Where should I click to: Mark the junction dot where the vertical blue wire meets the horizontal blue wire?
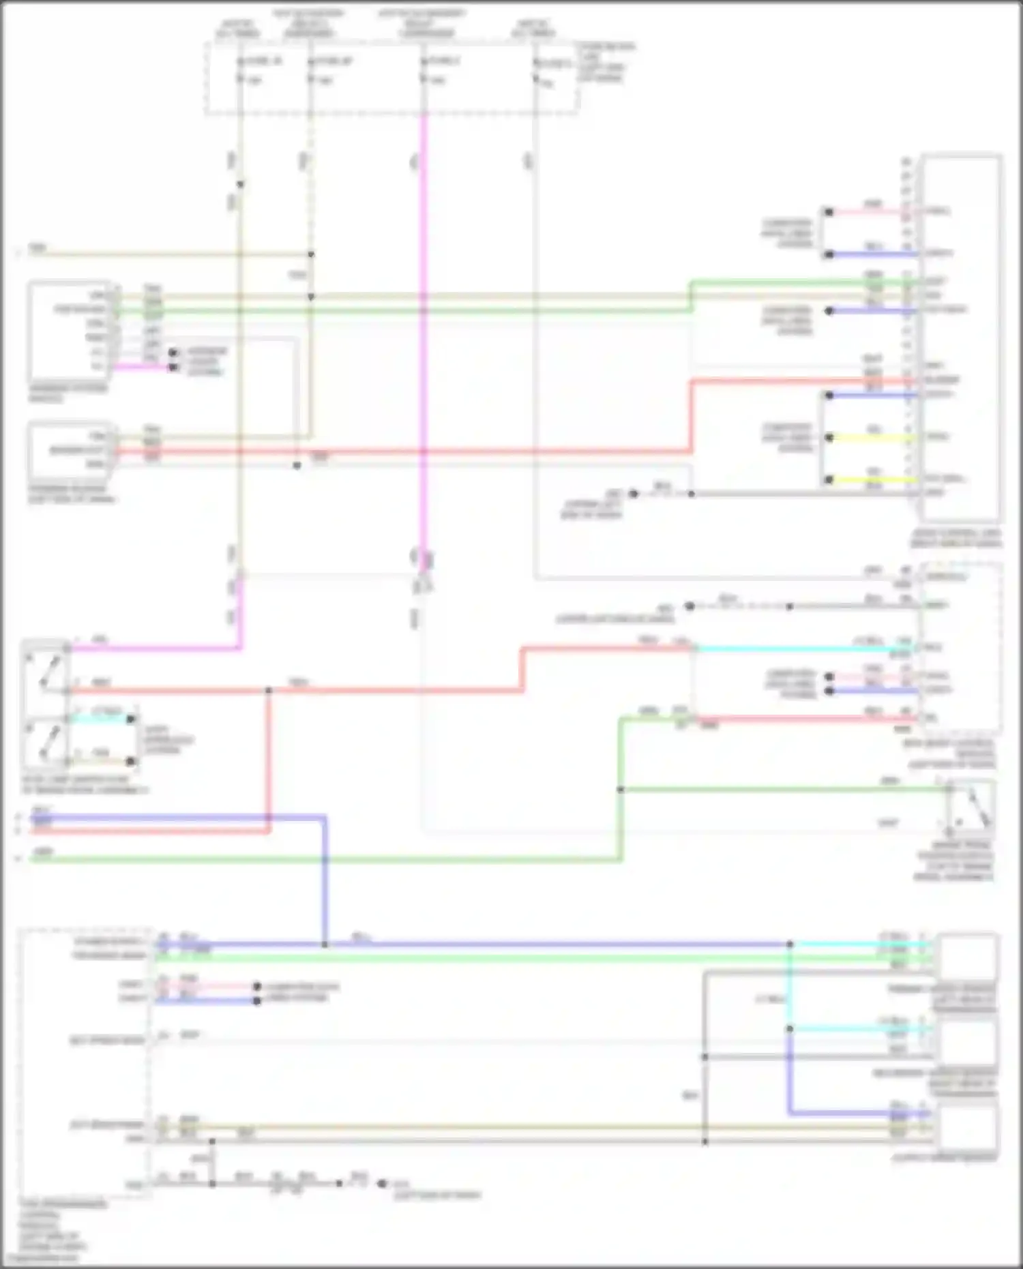coord(325,944)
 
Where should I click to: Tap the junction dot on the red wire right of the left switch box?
coord(269,691)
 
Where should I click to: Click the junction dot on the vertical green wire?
coord(621,790)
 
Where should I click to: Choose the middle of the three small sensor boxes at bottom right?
coord(966,1040)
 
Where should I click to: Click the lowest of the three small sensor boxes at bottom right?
coord(966,1129)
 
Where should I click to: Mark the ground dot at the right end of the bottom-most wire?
coord(382,1184)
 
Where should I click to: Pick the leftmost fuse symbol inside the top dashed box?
coord(240,71)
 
